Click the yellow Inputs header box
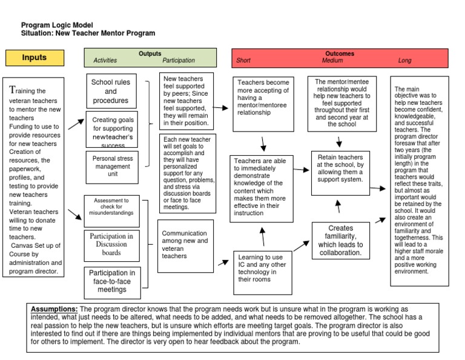tap(35, 58)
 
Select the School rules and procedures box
tap(111, 91)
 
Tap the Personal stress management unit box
tap(112, 166)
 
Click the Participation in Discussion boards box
tap(111, 244)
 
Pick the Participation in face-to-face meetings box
tap(112, 281)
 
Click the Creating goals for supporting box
tap(113, 128)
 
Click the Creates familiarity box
tap(340, 241)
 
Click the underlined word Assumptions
tap(54, 309)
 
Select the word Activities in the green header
tap(105, 61)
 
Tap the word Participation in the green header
tap(179, 61)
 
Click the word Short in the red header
tap(243, 61)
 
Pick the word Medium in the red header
tap(332, 61)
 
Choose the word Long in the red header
tap(404, 61)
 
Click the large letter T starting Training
tap(12, 90)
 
